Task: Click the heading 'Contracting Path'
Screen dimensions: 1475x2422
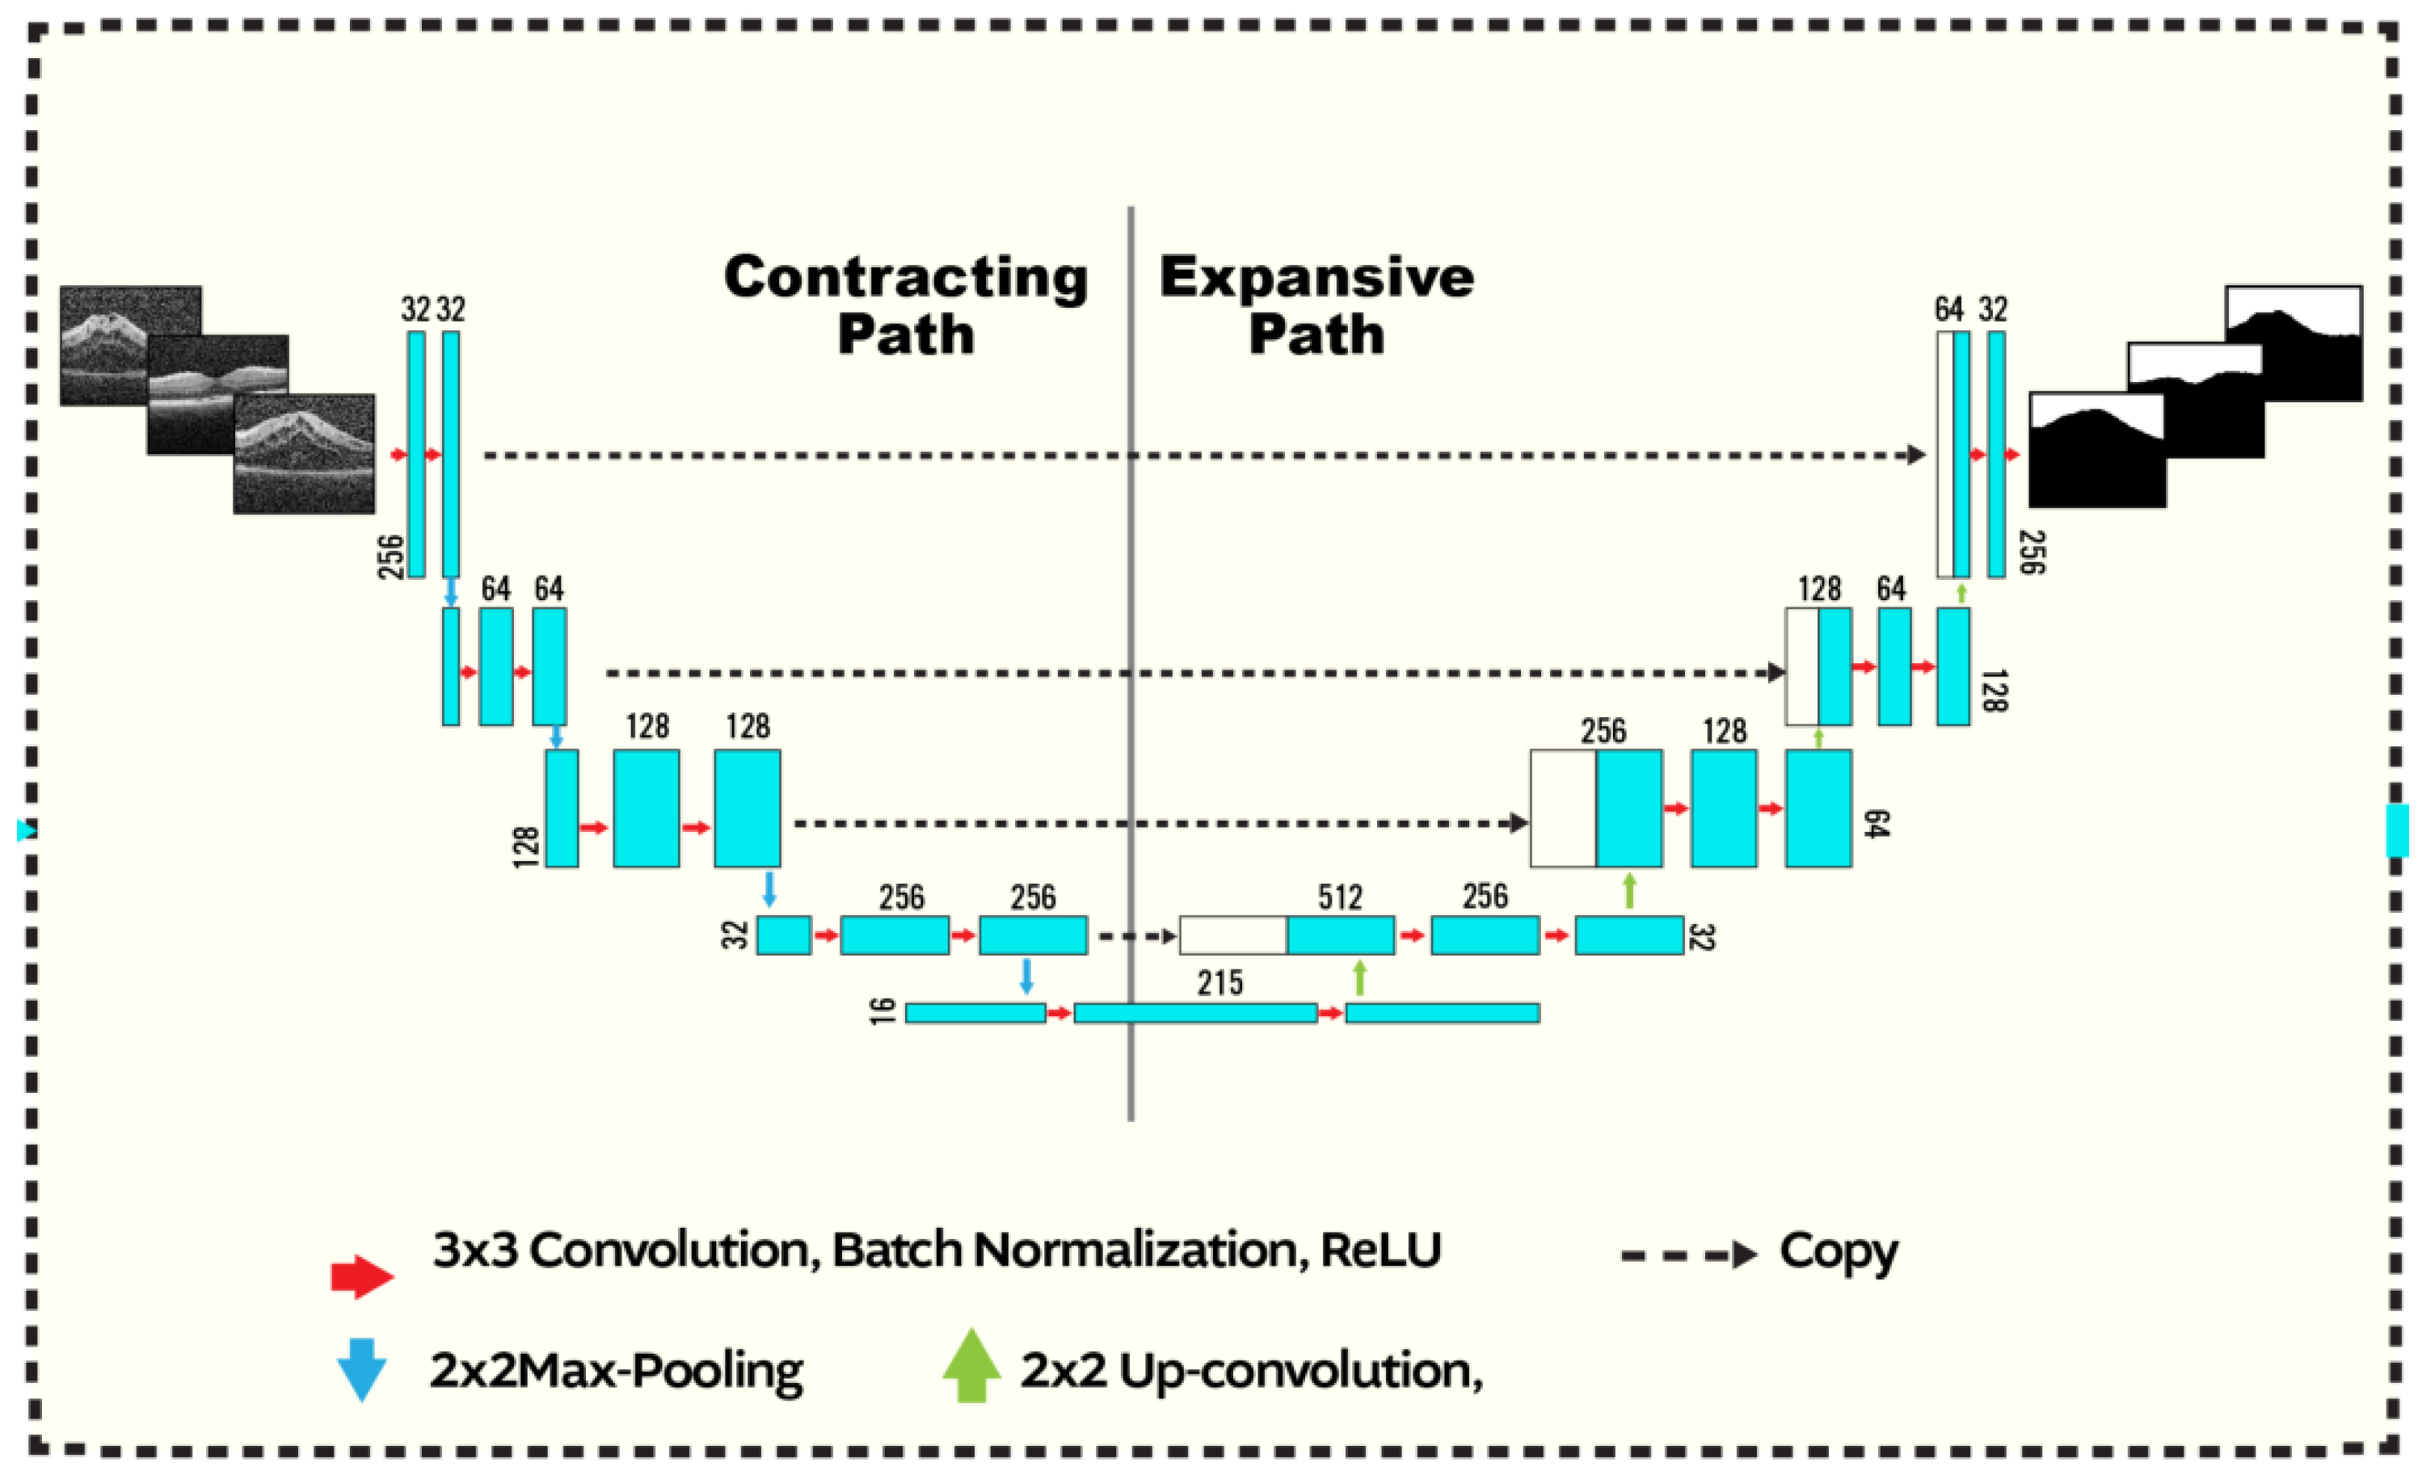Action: (x=905, y=305)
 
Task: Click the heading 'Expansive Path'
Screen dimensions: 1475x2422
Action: (x=1316, y=305)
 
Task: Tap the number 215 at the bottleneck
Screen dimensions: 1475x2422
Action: (x=1219, y=983)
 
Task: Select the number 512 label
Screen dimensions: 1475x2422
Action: (x=1340, y=897)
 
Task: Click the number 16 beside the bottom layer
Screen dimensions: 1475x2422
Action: (x=882, y=1011)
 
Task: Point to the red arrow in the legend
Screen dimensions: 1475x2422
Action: (x=362, y=1276)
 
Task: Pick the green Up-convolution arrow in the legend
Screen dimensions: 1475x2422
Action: (x=971, y=1366)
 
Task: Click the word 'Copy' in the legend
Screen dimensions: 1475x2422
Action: (x=1839, y=1252)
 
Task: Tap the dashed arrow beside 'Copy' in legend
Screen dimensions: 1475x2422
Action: (x=1687, y=1254)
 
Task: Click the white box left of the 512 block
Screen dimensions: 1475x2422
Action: (x=1232, y=935)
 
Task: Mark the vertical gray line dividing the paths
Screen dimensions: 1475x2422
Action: (x=1131, y=688)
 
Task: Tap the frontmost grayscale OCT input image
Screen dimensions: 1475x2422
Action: (x=304, y=453)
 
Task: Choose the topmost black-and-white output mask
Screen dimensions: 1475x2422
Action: (x=2294, y=343)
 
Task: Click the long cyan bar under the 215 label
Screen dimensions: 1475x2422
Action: (x=1195, y=1013)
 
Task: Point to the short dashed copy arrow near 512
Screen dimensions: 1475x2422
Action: (x=1136, y=936)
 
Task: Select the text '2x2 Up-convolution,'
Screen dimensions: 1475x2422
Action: (x=1250, y=1370)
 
